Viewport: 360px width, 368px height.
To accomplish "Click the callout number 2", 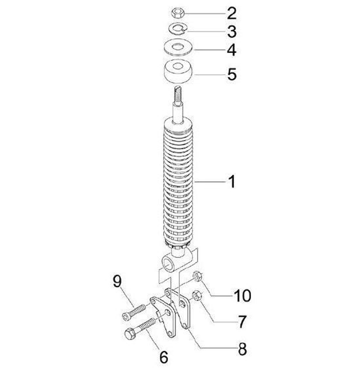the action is click(x=231, y=13).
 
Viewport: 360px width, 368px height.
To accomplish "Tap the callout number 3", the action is click(x=231, y=31).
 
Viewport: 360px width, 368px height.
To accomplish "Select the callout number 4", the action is click(x=231, y=50).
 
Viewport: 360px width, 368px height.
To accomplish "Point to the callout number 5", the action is click(x=231, y=74).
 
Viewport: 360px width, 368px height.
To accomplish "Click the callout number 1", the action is click(x=231, y=182).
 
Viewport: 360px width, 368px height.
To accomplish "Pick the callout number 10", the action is click(x=242, y=296).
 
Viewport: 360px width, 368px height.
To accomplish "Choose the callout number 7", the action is click(x=242, y=322).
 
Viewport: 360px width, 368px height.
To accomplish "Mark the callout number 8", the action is click(x=242, y=349).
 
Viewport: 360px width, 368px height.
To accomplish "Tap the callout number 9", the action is click(x=117, y=281).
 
